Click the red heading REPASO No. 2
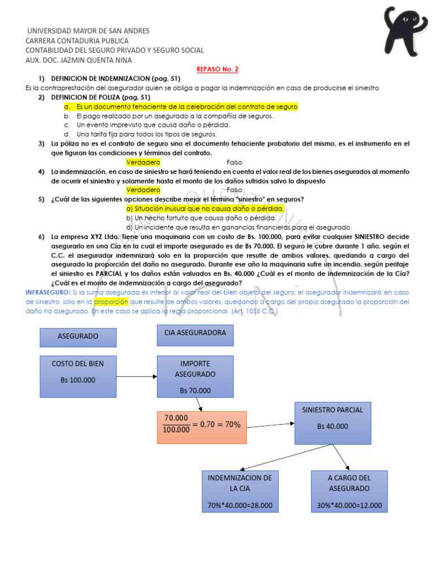(x=217, y=69)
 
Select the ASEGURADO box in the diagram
(x=78, y=336)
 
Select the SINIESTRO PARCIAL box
(x=332, y=423)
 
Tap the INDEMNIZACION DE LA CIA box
(x=240, y=491)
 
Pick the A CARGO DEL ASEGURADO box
(x=349, y=491)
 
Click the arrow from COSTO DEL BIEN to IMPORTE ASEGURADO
(x=136, y=376)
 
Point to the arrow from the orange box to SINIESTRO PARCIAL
(x=271, y=425)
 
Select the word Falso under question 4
(x=234, y=190)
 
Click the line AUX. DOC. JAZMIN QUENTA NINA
(x=79, y=60)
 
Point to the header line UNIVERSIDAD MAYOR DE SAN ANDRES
(x=89, y=31)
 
